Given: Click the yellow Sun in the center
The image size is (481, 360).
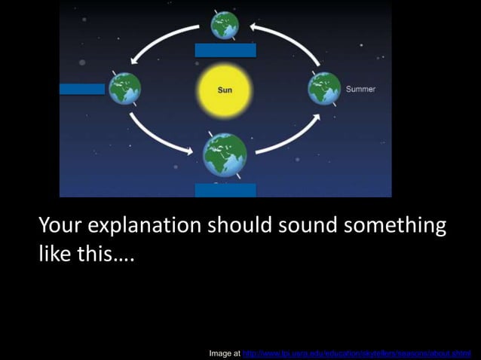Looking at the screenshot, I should tap(225, 90).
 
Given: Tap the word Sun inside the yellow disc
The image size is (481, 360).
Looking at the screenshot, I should tap(225, 90).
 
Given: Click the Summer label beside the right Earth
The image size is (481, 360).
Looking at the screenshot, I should tap(360, 89).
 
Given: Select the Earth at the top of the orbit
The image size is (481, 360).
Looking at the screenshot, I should tap(225, 25).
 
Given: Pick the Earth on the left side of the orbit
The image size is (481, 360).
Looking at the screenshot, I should tap(125, 89).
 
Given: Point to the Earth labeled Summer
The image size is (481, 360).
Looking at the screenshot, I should tap(324, 89).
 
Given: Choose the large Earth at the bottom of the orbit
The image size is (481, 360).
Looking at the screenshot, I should tap(225, 154).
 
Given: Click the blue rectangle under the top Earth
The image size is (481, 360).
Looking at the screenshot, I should tap(225, 50).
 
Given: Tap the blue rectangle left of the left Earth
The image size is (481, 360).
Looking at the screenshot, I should tap(81, 89).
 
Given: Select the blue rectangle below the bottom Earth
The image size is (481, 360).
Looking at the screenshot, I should tap(225, 190).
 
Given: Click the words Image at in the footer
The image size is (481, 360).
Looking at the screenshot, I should tap(225, 352).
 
